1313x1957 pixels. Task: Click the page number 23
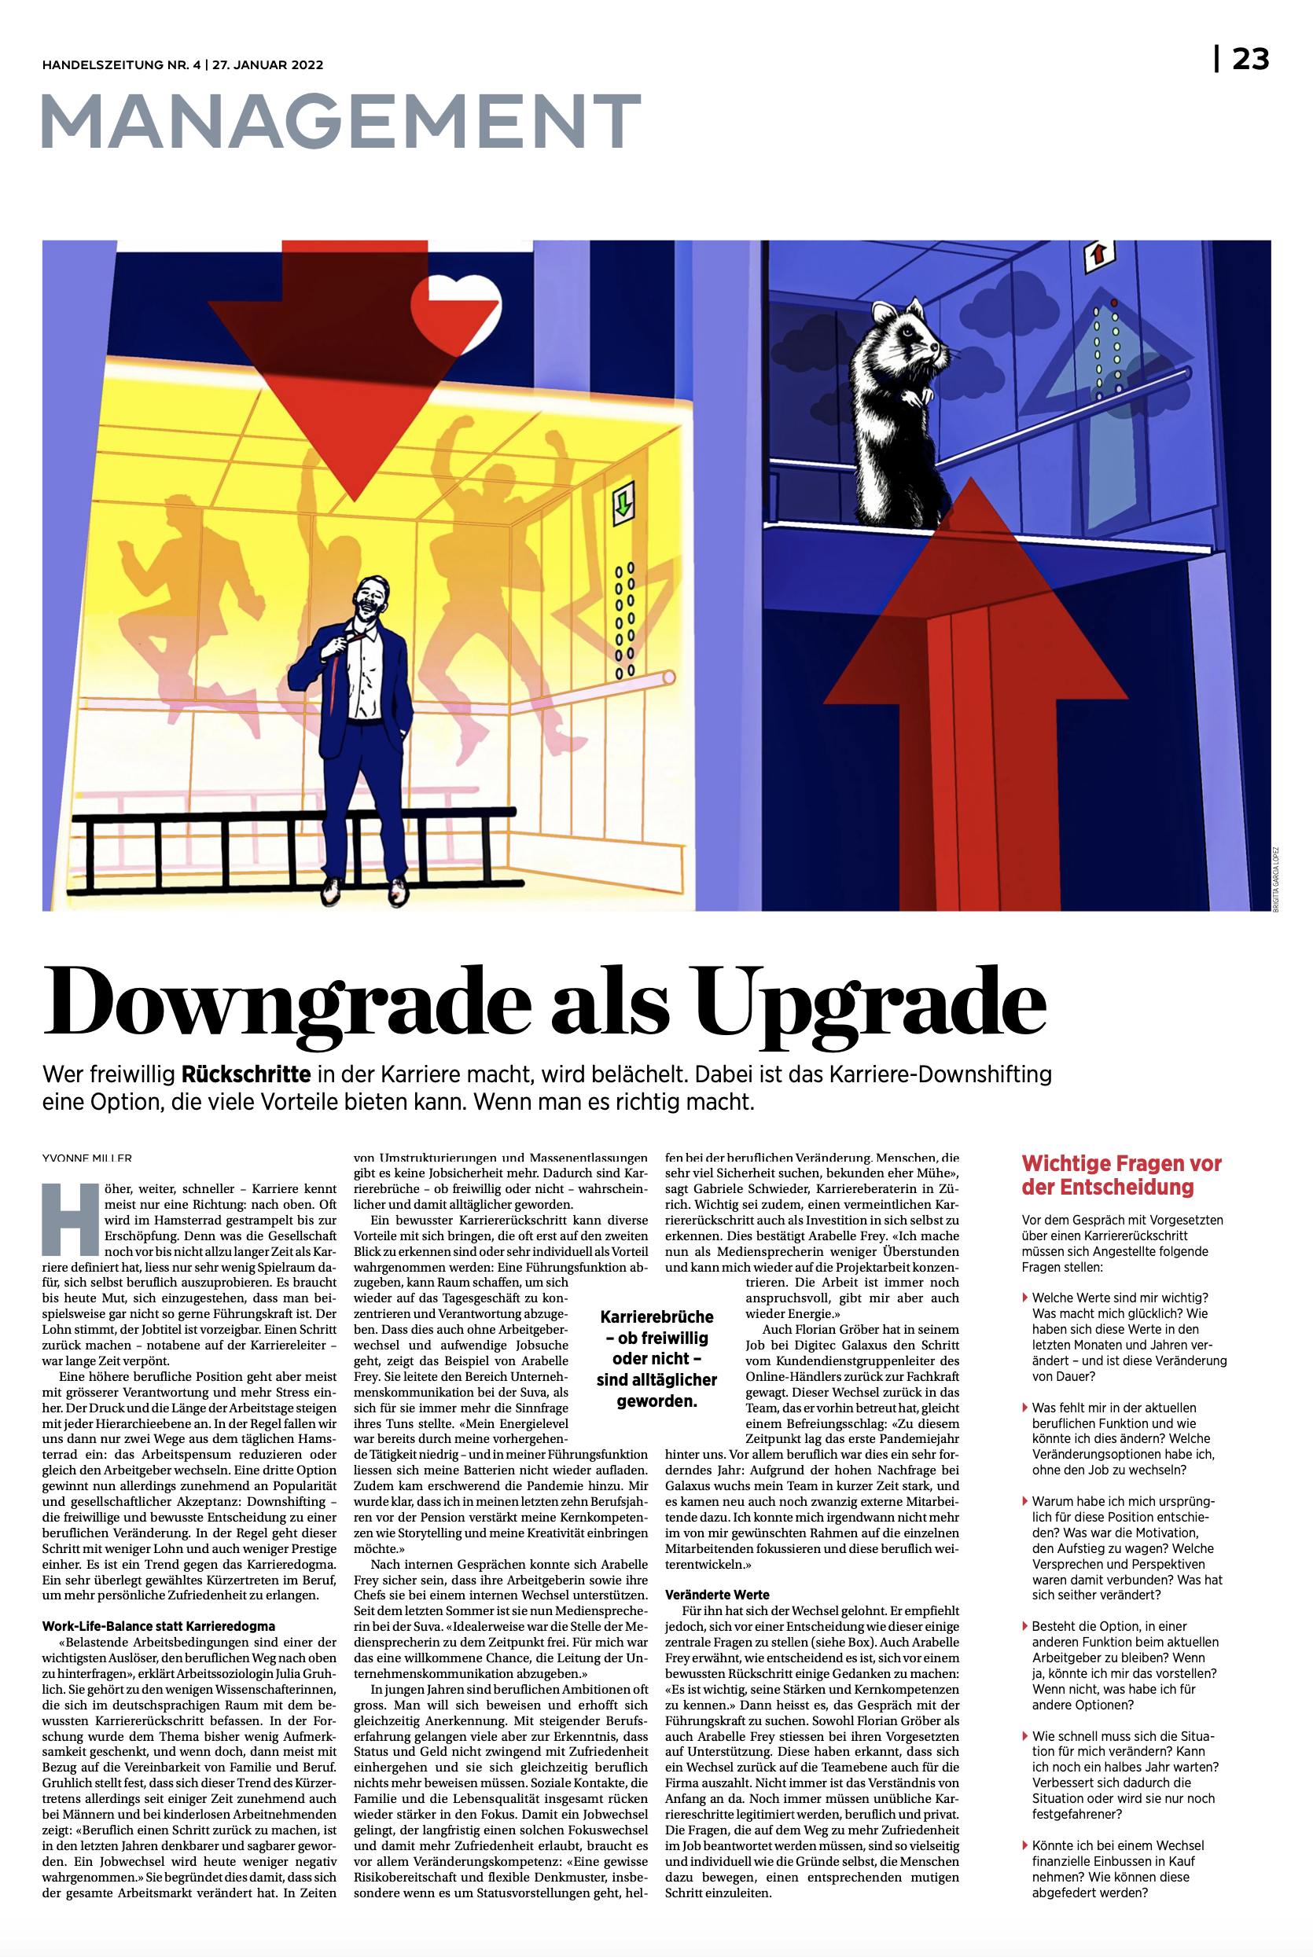click(x=1250, y=60)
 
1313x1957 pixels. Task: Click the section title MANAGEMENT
click(x=340, y=121)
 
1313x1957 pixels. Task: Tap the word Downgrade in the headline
click(x=286, y=1002)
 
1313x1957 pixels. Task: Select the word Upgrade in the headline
click(x=870, y=1002)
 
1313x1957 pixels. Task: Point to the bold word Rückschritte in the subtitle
click(x=245, y=1074)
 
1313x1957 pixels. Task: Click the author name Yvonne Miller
click(x=87, y=1158)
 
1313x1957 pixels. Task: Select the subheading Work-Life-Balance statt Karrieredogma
click(x=158, y=1625)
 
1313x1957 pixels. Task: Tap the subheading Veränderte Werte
click(x=717, y=1595)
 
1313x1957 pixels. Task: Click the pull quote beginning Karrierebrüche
click(x=656, y=1357)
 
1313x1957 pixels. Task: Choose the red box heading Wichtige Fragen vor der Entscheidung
click(x=1120, y=1174)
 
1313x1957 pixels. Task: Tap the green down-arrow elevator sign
click(x=623, y=505)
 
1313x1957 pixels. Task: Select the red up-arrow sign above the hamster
click(x=1099, y=254)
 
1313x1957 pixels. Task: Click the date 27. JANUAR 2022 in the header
click(x=267, y=64)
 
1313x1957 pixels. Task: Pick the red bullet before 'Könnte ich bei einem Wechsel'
click(x=1025, y=1845)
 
